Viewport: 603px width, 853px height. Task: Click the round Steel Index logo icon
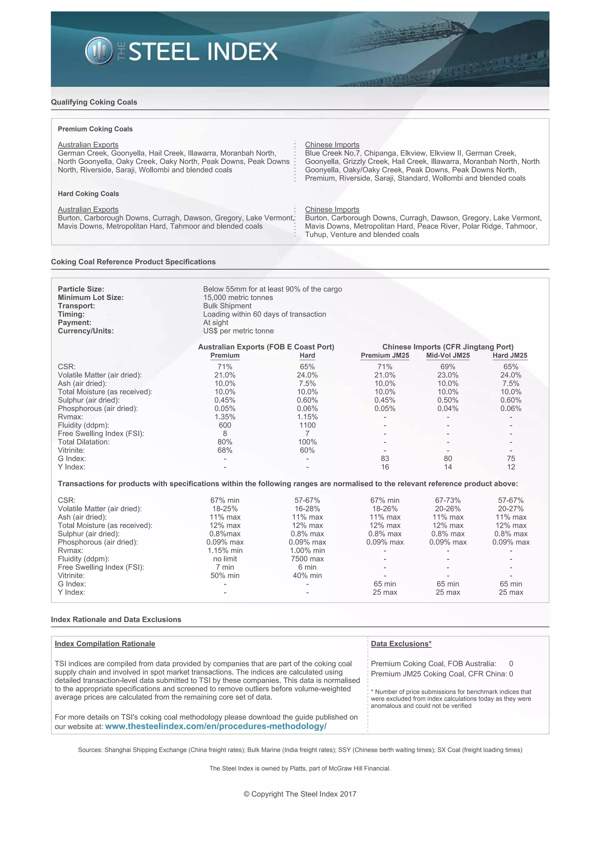click(x=99, y=51)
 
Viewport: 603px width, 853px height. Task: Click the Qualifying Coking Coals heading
click(x=94, y=102)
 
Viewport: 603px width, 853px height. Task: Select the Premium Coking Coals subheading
click(x=95, y=129)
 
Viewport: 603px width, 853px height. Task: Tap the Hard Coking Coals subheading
click(x=88, y=193)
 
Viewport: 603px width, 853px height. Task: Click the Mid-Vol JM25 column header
click(x=448, y=356)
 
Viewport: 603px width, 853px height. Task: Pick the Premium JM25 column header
click(x=385, y=356)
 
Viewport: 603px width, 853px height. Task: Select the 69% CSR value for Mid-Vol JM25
click(x=448, y=367)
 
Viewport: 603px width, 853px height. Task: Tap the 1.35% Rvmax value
click(x=225, y=417)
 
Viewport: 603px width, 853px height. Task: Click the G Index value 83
click(x=385, y=458)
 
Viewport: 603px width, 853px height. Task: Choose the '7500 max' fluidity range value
click(x=307, y=559)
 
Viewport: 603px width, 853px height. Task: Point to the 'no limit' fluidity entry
click(x=225, y=559)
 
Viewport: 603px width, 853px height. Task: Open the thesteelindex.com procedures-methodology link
click(x=216, y=726)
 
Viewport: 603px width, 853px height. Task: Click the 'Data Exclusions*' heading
click(x=401, y=644)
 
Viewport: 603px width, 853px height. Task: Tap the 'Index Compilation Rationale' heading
click(x=105, y=644)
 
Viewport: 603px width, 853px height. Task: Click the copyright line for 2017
click(x=300, y=794)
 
